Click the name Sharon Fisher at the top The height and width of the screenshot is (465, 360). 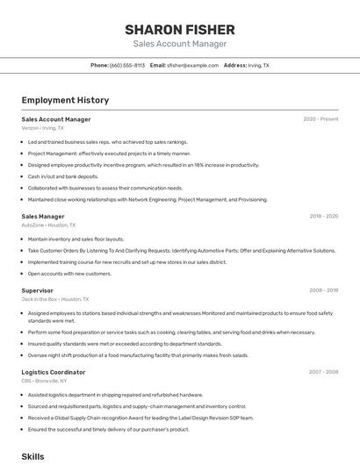179,29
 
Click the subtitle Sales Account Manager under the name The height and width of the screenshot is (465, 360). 179,44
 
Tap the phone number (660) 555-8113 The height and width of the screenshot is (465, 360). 127,66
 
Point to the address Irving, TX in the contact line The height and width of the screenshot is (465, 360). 258,66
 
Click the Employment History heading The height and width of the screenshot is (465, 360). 64,100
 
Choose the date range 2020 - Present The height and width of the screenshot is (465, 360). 320,119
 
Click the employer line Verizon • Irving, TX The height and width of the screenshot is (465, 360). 42,128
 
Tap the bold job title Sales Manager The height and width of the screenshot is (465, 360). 43,216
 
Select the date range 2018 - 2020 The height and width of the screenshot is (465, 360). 323,216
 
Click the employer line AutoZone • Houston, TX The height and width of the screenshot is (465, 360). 48,225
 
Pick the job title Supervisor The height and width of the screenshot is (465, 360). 37,290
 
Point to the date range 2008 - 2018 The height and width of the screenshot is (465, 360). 323,290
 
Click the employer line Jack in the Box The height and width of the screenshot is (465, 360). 53,299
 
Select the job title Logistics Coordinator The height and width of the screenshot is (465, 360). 53,372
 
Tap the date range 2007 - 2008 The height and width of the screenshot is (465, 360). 323,372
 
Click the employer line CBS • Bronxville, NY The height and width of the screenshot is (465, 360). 44,381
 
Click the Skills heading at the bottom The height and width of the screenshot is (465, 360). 32,456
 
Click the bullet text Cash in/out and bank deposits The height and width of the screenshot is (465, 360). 63,176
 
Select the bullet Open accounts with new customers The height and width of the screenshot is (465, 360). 69,273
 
